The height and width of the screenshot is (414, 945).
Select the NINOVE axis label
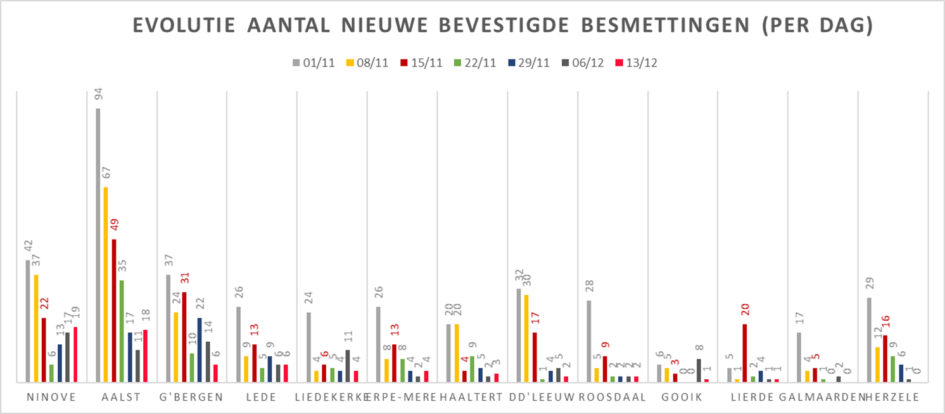[52, 398]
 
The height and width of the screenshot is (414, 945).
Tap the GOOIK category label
[683, 398]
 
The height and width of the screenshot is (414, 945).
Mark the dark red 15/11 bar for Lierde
[745, 353]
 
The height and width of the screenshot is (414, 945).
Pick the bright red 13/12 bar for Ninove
[75, 354]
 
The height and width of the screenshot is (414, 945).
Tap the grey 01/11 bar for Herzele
[870, 340]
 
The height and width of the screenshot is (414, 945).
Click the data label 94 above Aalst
[98, 94]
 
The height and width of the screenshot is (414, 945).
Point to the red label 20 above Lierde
[745, 310]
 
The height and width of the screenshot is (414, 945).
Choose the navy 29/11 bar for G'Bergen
[200, 350]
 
